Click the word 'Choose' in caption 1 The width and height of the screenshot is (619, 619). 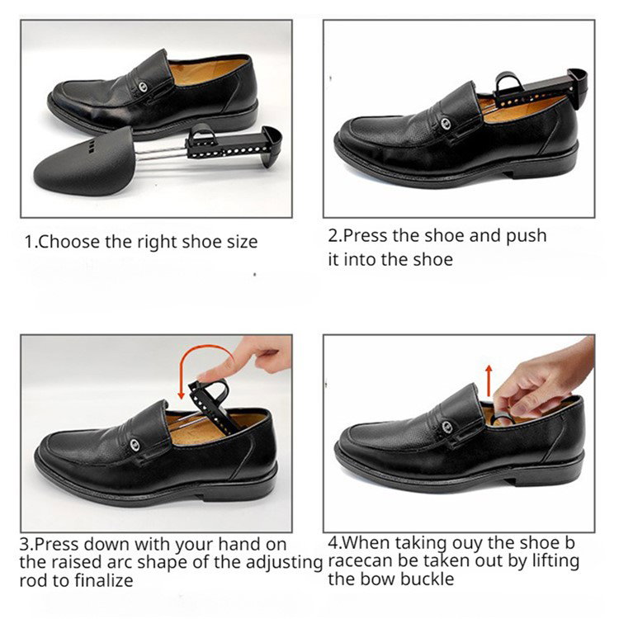click(x=69, y=242)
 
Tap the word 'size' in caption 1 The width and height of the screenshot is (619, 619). click(x=242, y=242)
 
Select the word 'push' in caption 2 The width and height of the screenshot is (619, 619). click(x=527, y=236)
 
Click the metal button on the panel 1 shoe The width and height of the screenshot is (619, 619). click(x=143, y=87)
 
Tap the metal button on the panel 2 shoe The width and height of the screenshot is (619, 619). click(x=446, y=123)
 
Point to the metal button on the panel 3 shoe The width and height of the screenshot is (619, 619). click(x=135, y=445)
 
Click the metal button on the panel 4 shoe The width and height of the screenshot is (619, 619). click(x=447, y=427)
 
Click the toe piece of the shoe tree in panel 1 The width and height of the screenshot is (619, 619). click(x=83, y=163)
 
